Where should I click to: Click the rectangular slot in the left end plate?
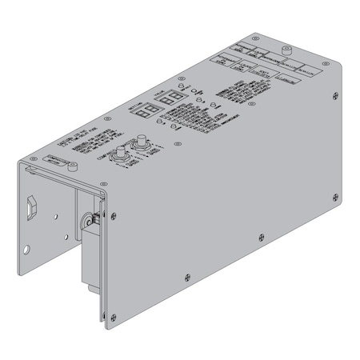pos(31,208)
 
